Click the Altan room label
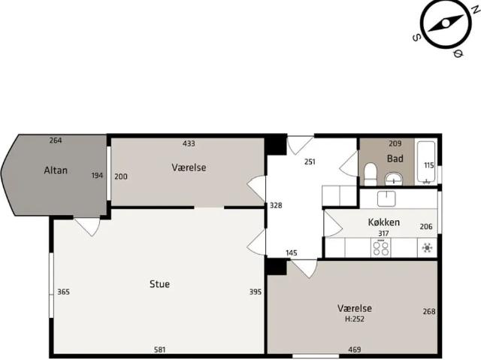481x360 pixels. pos(56,170)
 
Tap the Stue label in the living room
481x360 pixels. pos(159,284)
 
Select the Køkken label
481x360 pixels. pos(384,222)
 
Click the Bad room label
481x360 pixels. pos(395,159)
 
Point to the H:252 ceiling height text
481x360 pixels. pos(355,319)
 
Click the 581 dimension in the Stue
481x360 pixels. pos(160,349)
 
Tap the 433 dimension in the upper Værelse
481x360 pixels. pos(189,144)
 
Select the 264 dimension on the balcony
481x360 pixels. pos(56,140)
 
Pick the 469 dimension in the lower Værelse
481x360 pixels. pos(355,349)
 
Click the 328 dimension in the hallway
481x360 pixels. pos(276,205)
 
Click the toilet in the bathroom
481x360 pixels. pos(371,174)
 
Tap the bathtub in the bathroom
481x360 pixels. pos(426,162)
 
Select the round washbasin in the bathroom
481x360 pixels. pos(394,179)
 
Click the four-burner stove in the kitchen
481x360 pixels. pos(381,248)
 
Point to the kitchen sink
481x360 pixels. pos(386,198)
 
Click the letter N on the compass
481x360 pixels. pos(476,9)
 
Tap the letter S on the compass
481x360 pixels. pos(416,38)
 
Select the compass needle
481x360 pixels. pos(446,23)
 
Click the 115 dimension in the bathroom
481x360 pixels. pos(429,165)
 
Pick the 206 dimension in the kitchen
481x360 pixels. pos(426,227)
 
